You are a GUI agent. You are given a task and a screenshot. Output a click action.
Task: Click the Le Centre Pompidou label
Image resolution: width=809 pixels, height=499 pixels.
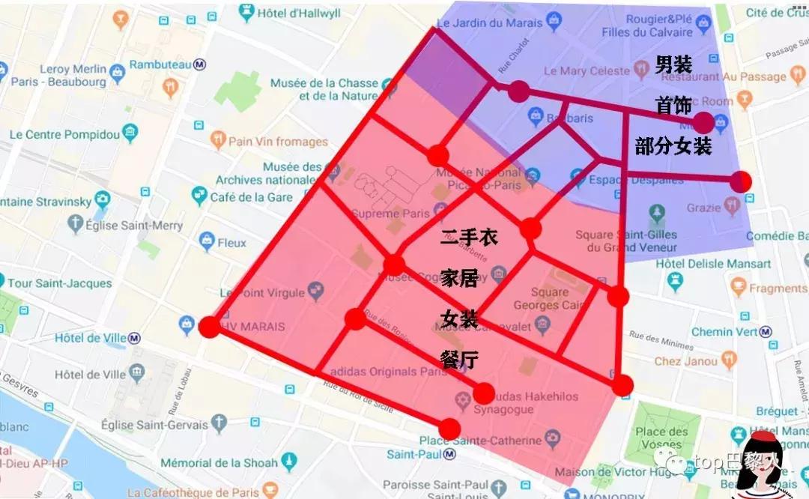64,135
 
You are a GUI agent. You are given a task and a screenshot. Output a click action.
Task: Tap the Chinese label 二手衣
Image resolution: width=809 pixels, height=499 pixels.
469,238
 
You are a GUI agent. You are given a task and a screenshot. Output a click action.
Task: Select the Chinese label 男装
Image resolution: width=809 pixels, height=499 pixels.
673,65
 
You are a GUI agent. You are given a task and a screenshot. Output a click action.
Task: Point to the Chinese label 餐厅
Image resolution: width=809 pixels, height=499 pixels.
459,360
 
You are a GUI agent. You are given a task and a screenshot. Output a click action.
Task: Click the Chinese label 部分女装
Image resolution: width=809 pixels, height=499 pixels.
673,146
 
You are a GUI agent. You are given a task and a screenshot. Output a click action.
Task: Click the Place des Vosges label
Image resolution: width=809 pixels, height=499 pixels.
661,438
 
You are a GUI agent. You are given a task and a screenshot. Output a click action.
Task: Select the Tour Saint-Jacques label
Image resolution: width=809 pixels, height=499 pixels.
59,283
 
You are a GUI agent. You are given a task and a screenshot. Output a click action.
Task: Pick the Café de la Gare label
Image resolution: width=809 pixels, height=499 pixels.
251,197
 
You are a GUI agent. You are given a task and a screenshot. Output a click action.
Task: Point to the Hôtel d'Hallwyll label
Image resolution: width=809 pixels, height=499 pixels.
298,13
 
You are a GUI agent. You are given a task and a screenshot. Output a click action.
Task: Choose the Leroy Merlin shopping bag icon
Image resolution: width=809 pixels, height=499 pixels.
117,73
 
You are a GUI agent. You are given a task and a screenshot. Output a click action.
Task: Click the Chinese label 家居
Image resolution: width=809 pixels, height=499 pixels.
459,279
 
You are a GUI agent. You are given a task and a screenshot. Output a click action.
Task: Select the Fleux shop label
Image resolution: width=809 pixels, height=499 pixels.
231,243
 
